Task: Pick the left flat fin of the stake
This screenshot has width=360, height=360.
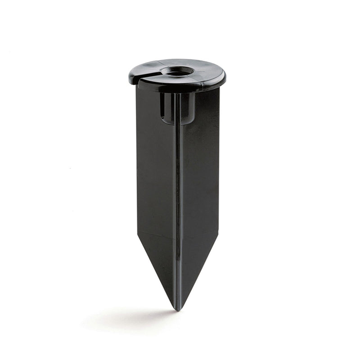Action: pyautogui.click(x=155, y=180)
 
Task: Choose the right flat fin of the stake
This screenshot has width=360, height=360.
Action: pyautogui.click(x=200, y=180)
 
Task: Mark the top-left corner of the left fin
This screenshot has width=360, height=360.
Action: pyautogui.click(x=137, y=87)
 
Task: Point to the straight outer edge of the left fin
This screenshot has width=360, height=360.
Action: pyautogui.click(x=137, y=162)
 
